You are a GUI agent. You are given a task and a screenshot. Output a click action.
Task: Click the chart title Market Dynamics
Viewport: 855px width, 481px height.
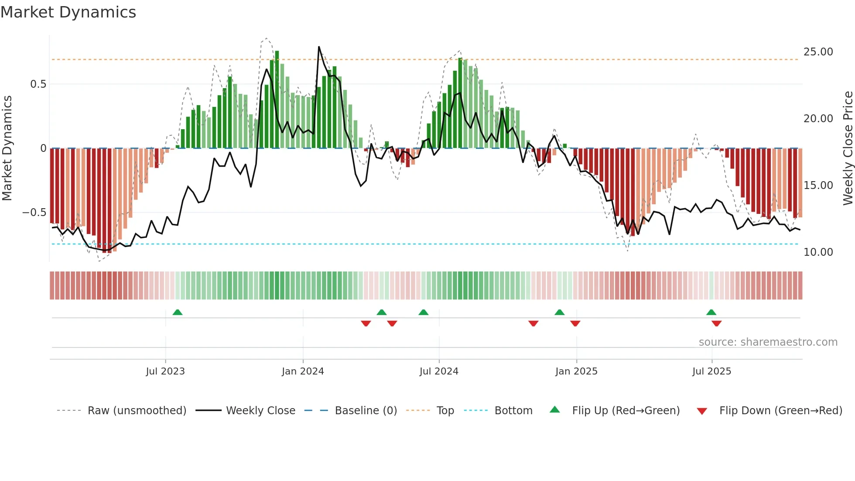(68, 12)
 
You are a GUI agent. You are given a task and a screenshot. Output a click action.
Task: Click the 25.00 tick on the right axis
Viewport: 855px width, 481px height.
(818, 52)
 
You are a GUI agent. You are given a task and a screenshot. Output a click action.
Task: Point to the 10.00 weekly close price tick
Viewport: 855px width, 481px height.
(818, 252)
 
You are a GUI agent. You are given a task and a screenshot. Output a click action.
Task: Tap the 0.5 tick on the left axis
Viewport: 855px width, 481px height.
(38, 84)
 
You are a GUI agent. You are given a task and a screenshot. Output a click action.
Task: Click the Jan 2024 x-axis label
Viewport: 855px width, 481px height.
(303, 371)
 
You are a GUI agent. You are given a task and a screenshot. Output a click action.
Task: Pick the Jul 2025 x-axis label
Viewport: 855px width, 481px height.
(711, 371)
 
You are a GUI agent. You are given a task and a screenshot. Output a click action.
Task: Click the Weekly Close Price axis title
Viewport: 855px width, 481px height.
(848, 148)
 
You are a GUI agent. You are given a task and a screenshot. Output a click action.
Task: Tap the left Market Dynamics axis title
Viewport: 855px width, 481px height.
(7, 148)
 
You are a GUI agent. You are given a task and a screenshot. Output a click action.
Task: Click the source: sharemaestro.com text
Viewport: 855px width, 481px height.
(768, 342)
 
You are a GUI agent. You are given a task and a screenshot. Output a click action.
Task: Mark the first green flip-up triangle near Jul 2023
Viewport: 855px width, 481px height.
(178, 312)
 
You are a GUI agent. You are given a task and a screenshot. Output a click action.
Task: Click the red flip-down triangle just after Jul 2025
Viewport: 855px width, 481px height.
(716, 323)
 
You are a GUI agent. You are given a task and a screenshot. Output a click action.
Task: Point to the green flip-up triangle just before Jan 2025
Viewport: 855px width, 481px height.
(559, 312)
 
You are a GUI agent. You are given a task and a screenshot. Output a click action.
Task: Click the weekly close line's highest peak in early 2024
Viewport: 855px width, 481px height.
(319, 47)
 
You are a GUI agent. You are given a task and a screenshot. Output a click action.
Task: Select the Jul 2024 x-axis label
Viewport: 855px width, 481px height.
(439, 371)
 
